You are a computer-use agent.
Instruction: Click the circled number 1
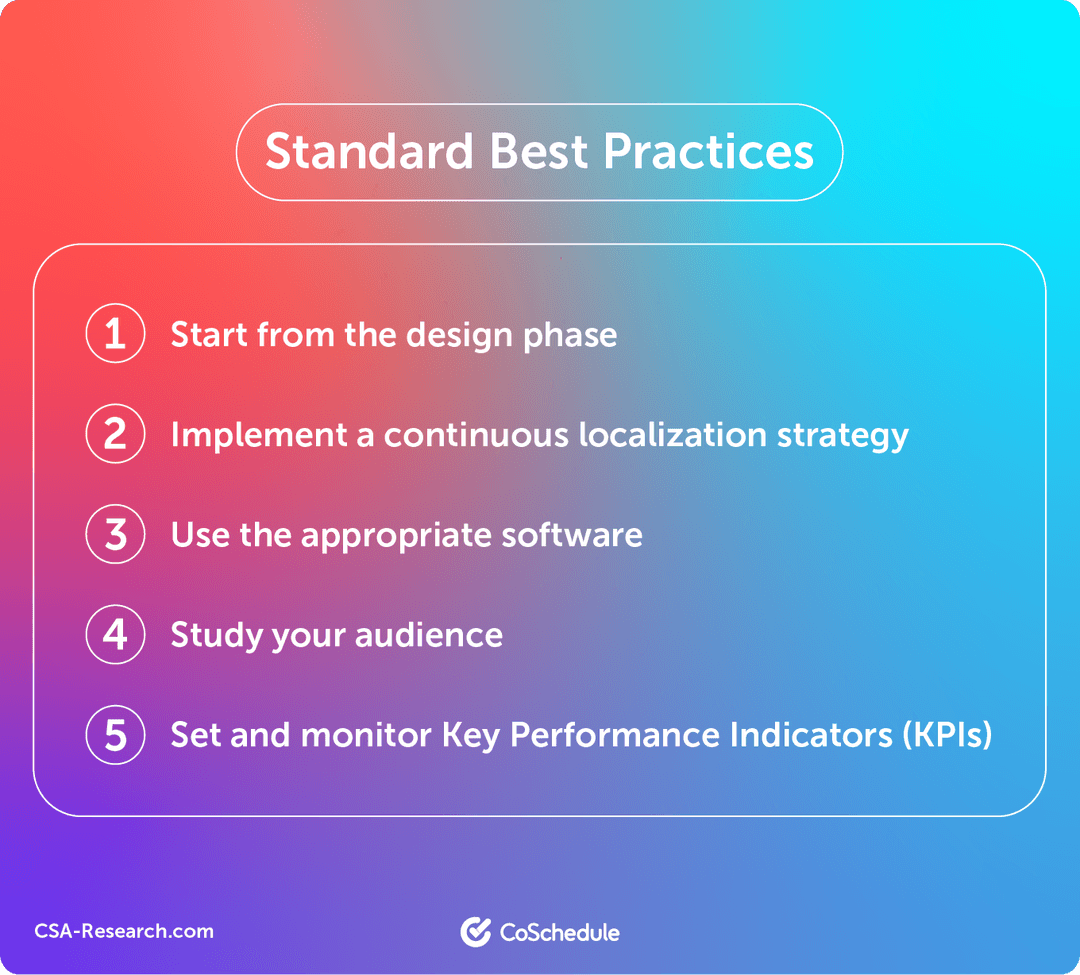115,334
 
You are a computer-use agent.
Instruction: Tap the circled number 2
115,435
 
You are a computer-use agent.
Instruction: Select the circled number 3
115,535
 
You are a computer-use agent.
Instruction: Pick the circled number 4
115,634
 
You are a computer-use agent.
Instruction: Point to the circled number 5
115,735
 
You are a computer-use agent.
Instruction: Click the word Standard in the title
369,152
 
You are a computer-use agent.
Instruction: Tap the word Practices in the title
709,152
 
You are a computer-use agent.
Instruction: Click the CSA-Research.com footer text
124,931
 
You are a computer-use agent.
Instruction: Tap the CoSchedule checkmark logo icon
475,932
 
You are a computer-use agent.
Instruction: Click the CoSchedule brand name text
559,933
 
